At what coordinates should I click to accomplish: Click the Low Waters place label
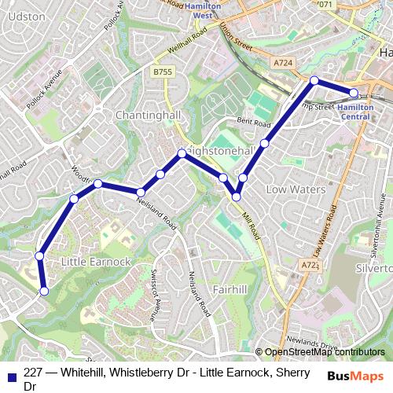(x=290, y=189)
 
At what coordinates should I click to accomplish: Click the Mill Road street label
(x=250, y=222)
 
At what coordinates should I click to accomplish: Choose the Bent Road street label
(x=253, y=122)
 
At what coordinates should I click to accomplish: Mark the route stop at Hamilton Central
(x=354, y=93)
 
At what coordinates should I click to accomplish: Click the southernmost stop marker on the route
(x=44, y=291)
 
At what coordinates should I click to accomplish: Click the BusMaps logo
(x=354, y=376)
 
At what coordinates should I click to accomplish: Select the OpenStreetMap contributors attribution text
(x=325, y=352)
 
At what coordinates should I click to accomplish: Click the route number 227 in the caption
(x=33, y=374)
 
